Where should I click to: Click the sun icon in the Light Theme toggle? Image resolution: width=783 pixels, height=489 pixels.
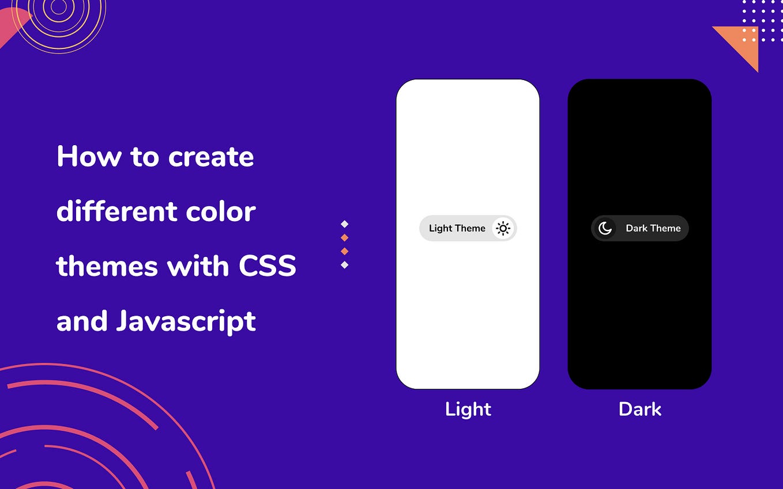point(503,229)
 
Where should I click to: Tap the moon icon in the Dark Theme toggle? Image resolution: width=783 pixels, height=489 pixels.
point(605,229)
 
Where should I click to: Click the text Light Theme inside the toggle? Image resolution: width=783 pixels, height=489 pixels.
point(457,229)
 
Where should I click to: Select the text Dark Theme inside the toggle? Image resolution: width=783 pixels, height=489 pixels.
point(653,229)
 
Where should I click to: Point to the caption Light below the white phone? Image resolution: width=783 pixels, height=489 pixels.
point(468,410)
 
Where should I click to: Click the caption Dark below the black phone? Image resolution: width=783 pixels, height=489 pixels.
point(640,410)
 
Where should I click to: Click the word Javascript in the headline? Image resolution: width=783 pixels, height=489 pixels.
point(186,321)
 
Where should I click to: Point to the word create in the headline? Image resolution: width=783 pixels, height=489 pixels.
point(211,157)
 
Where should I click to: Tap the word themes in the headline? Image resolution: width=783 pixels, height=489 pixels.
point(107,267)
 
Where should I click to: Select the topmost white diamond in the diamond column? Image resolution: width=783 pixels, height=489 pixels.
point(345,224)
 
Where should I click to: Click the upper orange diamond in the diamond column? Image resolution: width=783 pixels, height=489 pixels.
point(345,238)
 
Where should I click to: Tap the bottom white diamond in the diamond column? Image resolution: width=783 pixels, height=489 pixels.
point(345,265)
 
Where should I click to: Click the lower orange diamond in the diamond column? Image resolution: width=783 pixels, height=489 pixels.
point(345,251)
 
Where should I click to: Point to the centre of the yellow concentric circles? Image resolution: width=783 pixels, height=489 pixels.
point(58,7)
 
